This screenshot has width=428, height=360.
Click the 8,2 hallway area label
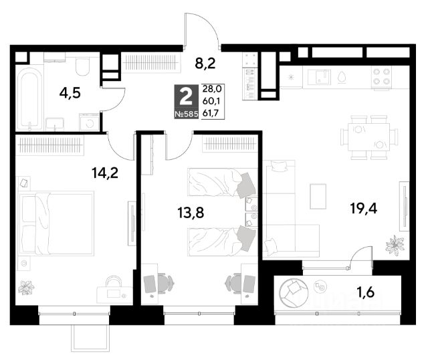[x=205, y=64]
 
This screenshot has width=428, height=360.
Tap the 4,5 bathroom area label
[x=70, y=93]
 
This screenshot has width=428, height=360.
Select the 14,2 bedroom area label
[x=105, y=173]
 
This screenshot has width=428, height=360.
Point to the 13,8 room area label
[x=191, y=213]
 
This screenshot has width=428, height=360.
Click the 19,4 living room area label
[x=364, y=209]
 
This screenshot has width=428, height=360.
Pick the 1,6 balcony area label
[x=366, y=293]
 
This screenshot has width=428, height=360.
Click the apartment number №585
[x=187, y=114]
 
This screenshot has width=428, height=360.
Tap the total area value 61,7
[x=211, y=113]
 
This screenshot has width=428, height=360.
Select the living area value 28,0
[x=212, y=89]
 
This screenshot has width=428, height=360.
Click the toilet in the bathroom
[x=82, y=66]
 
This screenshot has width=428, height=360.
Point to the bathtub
[x=29, y=99]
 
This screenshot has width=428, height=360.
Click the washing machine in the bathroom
[x=89, y=122]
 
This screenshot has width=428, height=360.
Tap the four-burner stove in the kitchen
[x=381, y=77]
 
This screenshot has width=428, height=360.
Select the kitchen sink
[x=319, y=77]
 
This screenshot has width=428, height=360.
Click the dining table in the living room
[x=368, y=137]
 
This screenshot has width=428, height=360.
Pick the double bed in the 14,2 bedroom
[x=56, y=223]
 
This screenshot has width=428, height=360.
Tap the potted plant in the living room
[x=395, y=245]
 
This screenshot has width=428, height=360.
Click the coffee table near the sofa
[x=318, y=196]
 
